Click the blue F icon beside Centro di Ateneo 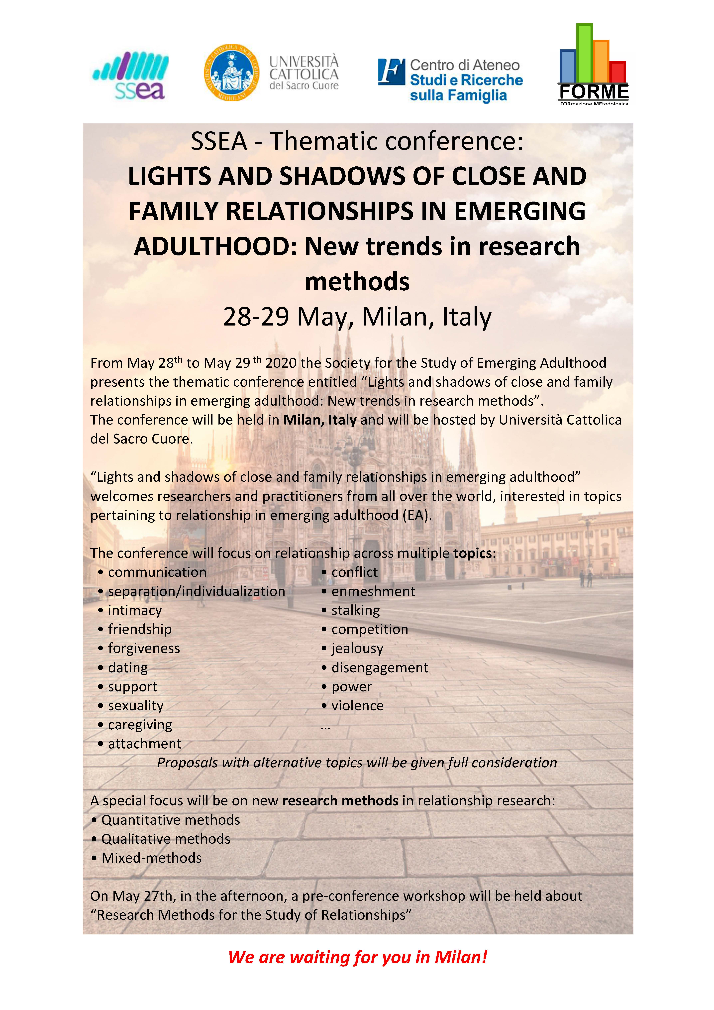pos(391,72)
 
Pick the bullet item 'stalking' pos(355,610)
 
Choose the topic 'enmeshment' pos(373,591)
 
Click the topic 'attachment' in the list pos(145,743)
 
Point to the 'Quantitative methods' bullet pos(171,820)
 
